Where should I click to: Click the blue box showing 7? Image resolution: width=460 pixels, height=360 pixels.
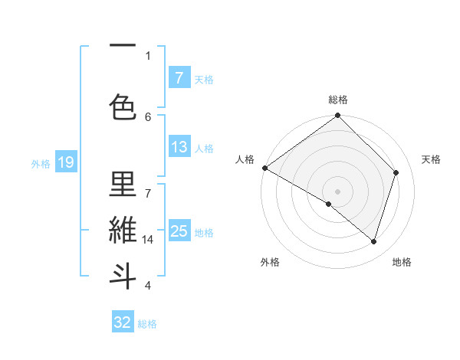point(179,78)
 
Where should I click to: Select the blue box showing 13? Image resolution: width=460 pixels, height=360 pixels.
point(179,148)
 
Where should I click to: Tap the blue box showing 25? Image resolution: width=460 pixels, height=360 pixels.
point(179,231)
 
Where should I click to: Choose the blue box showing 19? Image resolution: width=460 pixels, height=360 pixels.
point(66,162)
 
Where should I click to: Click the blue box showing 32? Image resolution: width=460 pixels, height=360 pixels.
point(123,322)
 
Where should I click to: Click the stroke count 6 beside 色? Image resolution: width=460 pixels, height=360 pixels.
point(148,116)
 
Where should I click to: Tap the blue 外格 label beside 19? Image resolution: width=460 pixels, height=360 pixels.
point(41,163)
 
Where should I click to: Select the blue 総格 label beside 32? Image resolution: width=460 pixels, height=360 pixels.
point(147,324)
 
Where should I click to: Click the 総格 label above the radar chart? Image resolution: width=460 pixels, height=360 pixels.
point(337,100)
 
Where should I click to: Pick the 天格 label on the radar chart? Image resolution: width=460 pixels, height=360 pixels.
point(432,159)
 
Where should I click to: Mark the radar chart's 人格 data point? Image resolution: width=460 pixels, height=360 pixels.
point(264,168)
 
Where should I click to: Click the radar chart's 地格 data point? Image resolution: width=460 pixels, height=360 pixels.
point(374,242)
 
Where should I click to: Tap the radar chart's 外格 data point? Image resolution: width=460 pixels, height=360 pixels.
point(329,204)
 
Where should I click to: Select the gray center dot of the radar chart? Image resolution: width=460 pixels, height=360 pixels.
point(337,191)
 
